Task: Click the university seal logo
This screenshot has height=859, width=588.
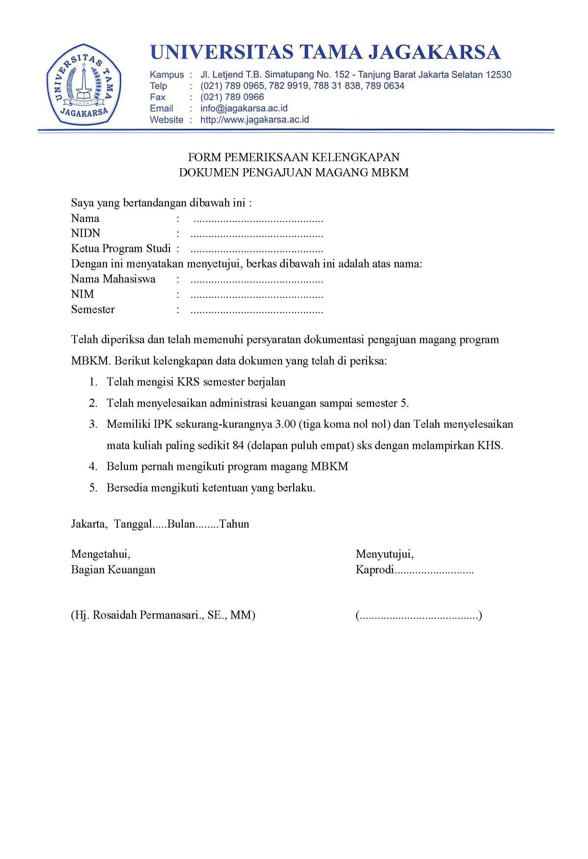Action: tap(84, 84)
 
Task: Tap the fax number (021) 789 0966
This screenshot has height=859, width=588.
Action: tap(232, 97)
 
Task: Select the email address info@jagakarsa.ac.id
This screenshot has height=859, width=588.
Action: tap(244, 108)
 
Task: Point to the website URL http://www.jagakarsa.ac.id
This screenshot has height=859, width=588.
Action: tap(254, 120)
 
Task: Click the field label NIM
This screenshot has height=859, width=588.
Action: tap(82, 294)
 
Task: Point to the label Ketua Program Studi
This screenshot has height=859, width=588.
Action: tap(121, 248)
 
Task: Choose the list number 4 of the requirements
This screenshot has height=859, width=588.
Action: tap(93, 466)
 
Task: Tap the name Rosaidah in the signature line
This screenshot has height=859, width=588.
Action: tap(114, 615)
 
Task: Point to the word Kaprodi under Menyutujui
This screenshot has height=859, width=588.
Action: tap(375, 570)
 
